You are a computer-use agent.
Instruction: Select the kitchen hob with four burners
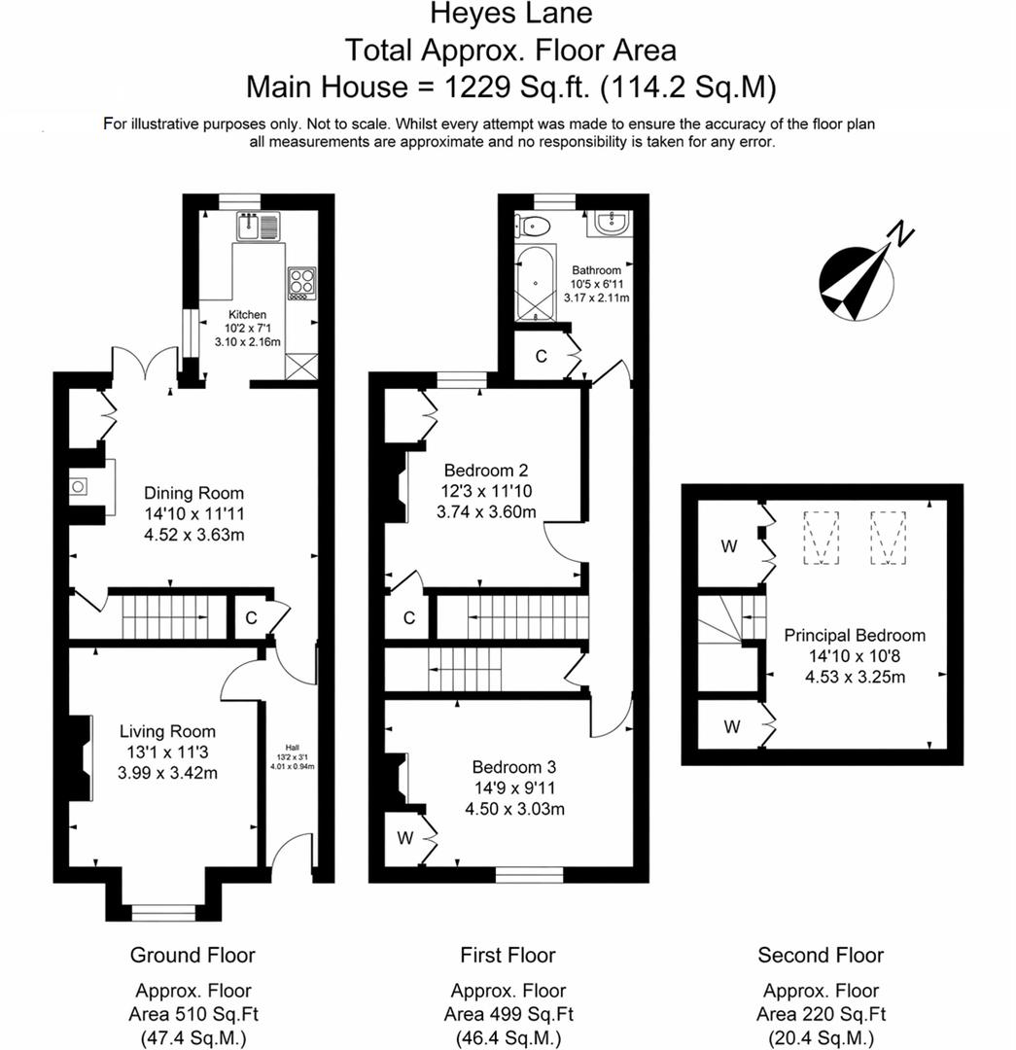click(301, 281)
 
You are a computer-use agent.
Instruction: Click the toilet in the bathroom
click(534, 225)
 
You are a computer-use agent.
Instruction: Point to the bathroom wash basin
click(611, 224)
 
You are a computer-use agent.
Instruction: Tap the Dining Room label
click(193, 493)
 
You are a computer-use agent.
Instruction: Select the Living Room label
click(167, 731)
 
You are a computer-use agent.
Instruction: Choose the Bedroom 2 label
click(488, 467)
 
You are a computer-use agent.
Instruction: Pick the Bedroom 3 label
click(515, 766)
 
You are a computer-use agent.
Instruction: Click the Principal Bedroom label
click(855, 635)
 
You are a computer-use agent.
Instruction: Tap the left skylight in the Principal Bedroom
click(823, 537)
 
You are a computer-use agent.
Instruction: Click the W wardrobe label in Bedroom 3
click(404, 836)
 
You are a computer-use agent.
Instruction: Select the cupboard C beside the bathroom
click(542, 357)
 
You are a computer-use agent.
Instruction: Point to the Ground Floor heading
click(193, 955)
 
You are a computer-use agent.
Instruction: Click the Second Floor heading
click(821, 955)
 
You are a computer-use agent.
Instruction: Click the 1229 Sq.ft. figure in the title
click(518, 87)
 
